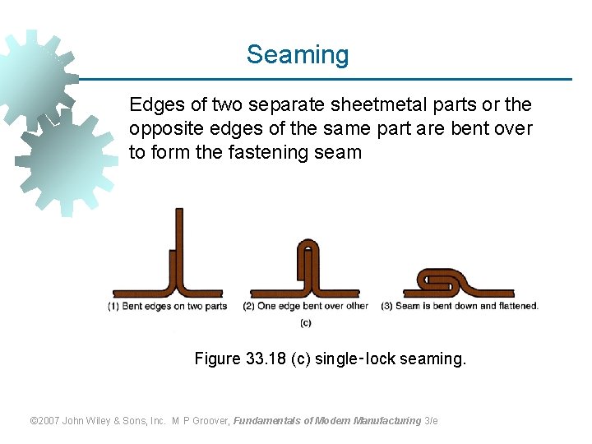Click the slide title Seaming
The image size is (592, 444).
[x=298, y=55]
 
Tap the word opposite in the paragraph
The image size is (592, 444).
[x=160, y=129]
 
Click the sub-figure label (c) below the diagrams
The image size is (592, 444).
[x=306, y=322]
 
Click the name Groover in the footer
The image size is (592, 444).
[x=212, y=421]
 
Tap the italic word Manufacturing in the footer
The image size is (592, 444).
[x=386, y=421]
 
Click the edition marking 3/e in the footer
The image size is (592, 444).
[x=431, y=421]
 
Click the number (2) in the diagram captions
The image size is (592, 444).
[x=249, y=307]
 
